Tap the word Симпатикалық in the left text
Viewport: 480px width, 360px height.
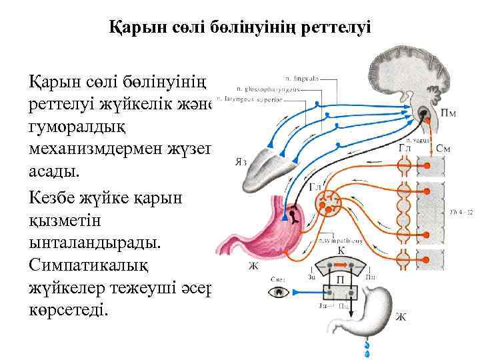click(x=87, y=265)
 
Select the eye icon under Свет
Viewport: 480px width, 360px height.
click(x=276, y=292)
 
